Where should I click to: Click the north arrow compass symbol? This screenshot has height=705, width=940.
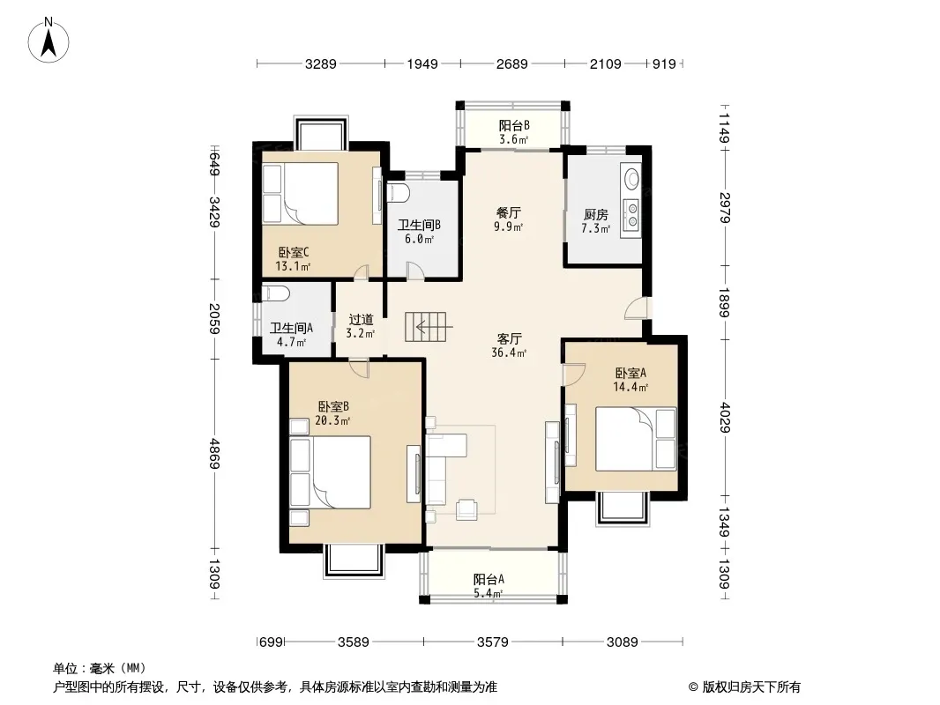tap(48, 41)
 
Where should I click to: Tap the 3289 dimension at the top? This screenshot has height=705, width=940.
tap(321, 63)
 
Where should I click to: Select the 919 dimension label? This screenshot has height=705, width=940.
tap(664, 63)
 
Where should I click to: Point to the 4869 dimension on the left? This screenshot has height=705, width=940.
tap(214, 454)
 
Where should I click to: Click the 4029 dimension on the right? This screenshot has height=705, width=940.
tap(725, 418)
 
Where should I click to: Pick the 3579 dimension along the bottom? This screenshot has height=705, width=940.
tap(493, 642)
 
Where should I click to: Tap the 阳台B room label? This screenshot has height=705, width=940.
tap(514, 126)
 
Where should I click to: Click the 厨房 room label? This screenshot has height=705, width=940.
tap(596, 214)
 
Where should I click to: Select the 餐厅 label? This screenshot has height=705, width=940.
tap(509, 212)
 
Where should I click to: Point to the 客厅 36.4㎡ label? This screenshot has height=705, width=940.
tap(509, 345)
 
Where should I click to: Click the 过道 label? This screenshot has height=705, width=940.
tap(361, 320)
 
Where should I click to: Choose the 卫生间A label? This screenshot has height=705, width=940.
tap(291, 328)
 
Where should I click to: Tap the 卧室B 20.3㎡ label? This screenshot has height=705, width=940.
tap(333, 413)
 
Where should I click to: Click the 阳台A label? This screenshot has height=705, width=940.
tap(489, 579)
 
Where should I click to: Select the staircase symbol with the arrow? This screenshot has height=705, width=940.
tap(427, 327)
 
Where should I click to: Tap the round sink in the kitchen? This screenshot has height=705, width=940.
tap(632, 177)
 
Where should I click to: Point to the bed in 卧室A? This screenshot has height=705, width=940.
tap(636, 439)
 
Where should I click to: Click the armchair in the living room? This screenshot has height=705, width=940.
tap(466, 509)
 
